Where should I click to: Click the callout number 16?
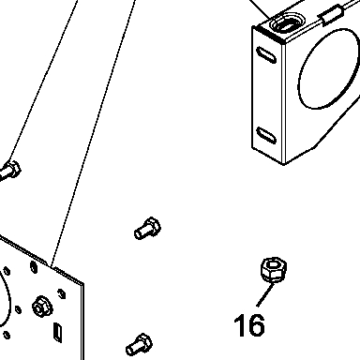click(x=249, y=325)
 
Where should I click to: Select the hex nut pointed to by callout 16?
click(x=274, y=269)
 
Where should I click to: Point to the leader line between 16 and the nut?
click(x=265, y=294)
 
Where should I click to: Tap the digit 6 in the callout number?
click(x=256, y=325)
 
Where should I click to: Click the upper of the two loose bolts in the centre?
click(x=148, y=228)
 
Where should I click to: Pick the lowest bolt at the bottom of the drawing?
click(x=140, y=344)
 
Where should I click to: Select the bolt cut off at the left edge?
click(x=10, y=172)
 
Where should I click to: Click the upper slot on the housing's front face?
click(x=266, y=54)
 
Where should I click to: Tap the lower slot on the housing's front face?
click(x=266, y=135)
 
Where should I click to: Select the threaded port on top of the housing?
click(x=287, y=23)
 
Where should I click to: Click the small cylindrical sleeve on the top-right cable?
click(x=331, y=15)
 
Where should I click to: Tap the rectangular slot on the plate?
click(x=58, y=332)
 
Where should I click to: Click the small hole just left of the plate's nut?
click(x=18, y=309)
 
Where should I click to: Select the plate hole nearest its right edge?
click(x=62, y=293)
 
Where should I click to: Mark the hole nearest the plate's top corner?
click(x=34, y=267)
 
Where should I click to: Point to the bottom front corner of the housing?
click(x=283, y=164)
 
